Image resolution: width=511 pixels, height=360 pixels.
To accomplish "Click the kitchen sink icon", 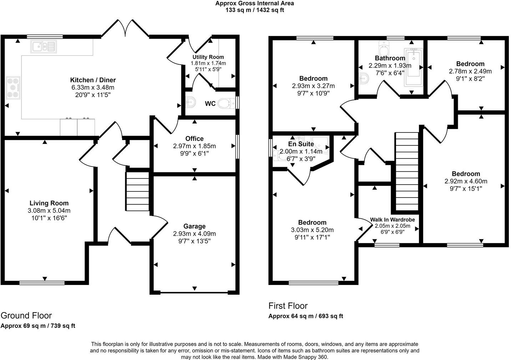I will tap(44, 46).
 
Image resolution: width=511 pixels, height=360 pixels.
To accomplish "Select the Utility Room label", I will tap(208, 57).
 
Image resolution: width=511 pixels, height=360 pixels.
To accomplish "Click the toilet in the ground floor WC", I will tap(225, 104).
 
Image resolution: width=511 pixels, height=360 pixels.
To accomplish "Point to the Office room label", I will tap(194, 139).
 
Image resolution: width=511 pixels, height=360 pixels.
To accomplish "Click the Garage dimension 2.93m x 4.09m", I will tap(194, 234).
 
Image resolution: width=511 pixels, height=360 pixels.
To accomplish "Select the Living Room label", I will tap(49, 203).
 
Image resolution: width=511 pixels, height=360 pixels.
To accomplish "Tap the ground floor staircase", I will tap(137, 191).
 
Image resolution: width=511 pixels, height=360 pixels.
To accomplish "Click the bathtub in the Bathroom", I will tap(413, 67).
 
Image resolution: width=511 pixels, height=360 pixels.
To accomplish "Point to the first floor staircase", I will tap(407, 171).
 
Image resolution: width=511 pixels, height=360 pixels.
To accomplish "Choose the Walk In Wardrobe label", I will tap(392, 220).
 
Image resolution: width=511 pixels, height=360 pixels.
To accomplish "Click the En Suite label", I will tap(301, 144).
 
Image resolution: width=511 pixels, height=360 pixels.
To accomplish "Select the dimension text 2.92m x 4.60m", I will tap(466, 181).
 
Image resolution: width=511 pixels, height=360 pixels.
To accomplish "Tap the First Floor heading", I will tap(288, 306).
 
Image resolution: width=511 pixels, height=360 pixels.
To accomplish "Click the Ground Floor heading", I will tap(26, 315).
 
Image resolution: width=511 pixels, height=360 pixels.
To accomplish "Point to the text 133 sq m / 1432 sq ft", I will tap(255, 10).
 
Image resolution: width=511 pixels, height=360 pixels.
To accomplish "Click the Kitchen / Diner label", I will tap(93, 80).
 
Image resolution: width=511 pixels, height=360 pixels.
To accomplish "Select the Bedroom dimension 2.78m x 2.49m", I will tap(470, 71).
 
